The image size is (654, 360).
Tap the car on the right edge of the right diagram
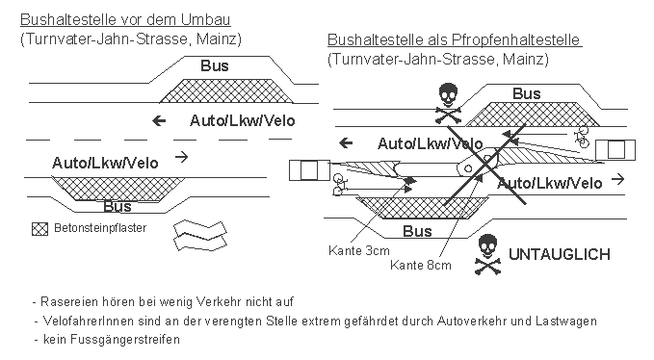[614, 149]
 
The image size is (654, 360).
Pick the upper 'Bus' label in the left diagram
[215, 65]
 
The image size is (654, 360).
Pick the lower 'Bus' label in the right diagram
[417, 232]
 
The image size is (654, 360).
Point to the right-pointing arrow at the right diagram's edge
[616, 180]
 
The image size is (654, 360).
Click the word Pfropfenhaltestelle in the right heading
[525, 40]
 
